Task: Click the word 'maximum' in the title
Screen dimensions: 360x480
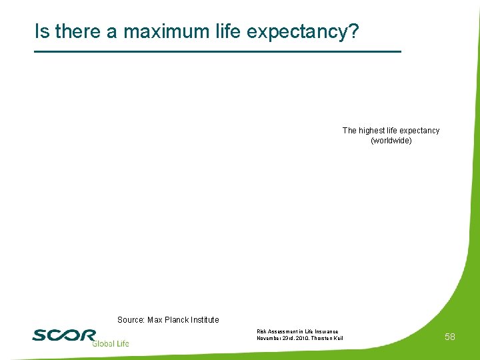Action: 163,31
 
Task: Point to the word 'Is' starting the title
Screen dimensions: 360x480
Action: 43,31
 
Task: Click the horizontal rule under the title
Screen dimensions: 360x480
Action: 217,51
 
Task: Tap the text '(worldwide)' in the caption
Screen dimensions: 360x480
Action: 391,141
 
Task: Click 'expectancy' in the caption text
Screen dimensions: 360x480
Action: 419,131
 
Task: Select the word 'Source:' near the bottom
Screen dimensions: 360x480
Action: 131,320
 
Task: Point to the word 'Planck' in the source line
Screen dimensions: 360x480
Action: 179,320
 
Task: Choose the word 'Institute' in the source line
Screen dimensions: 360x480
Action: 205,320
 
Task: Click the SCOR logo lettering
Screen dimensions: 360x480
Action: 64,334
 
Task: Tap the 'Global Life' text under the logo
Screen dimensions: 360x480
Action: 111,343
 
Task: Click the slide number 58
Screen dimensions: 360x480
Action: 450,337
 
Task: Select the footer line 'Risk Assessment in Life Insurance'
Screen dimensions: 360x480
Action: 297,331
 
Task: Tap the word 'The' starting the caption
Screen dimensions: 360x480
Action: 349,131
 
